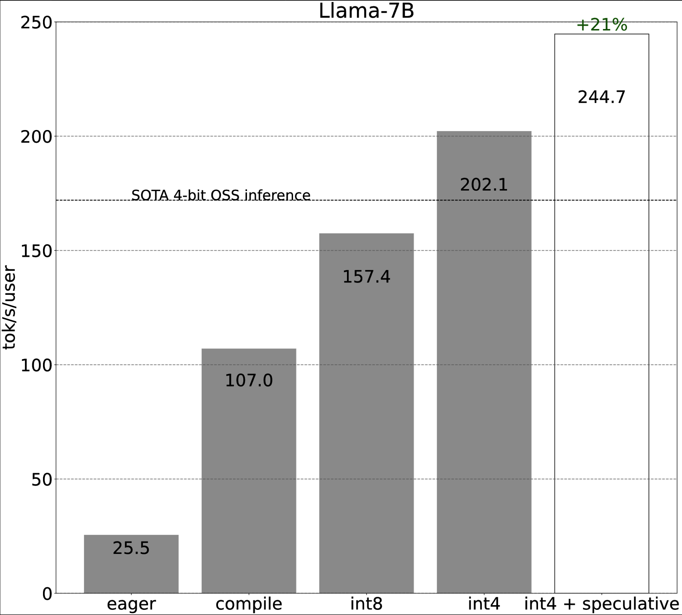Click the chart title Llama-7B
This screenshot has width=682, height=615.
tap(366, 11)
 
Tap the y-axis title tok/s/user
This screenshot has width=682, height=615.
tap(9, 307)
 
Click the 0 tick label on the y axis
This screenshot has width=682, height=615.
tap(47, 594)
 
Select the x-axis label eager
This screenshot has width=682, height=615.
tap(131, 604)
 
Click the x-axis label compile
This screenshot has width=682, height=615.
tap(249, 604)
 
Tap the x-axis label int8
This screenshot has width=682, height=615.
tap(366, 604)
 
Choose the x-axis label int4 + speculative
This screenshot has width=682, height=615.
tap(601, 604)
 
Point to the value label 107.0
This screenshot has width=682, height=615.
tap(249, 381)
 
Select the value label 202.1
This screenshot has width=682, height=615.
tap(484, 185)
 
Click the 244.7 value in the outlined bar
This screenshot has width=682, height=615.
tap(601, 97)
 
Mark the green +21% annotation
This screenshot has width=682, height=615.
tap(601, 25)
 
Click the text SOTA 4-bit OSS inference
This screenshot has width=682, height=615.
tap(221, 195)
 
